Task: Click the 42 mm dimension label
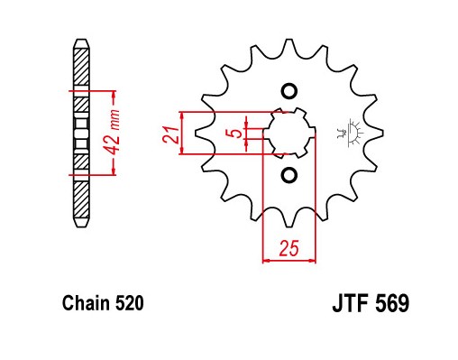114,133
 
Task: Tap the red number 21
170,134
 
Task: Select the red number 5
237,133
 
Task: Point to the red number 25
289,247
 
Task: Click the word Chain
86,303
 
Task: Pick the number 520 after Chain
129,303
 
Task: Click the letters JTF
351,303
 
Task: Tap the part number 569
392,303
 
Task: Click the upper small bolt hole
289,90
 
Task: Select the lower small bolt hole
289,175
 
